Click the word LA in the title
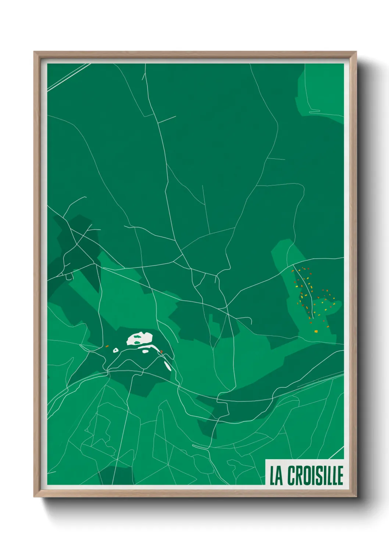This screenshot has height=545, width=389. (x=276, y=475)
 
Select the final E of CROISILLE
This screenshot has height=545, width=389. (x=340, y=475)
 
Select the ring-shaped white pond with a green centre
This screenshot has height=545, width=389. (x=115, y=350)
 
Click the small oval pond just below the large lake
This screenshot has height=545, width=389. (x=146, y=351)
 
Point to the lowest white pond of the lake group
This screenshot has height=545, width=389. (x=168, y=366)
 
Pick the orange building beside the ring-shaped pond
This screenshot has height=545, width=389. (x=107, y=346)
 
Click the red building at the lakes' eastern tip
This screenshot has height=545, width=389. (x=161, y=352)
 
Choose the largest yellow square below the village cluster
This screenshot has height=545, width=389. (x=316, y=331)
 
